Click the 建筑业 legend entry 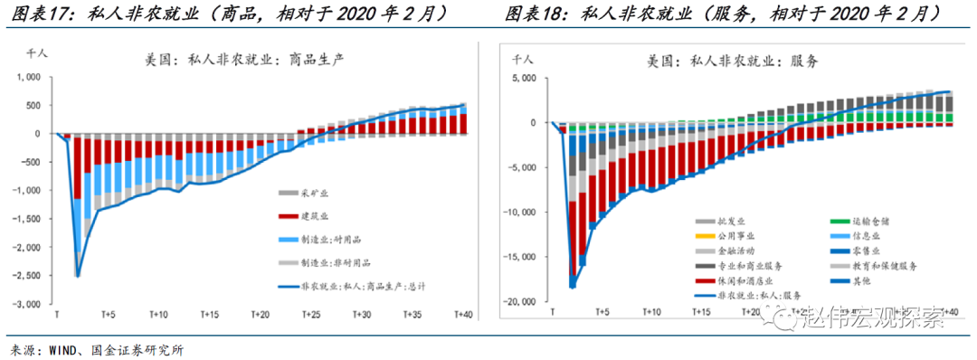(308, 217)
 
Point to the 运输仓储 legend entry (876, 222)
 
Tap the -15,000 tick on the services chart (524, 257)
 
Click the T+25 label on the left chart (310, 315)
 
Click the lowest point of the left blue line (78, 276)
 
